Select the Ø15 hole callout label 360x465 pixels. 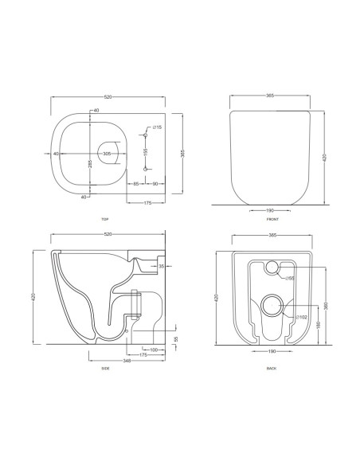point(157,127)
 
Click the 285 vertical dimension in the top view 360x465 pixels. point(90,164)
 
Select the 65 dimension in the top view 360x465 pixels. point(137,184)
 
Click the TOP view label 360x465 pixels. point(105,219)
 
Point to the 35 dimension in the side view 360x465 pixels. point(161,266)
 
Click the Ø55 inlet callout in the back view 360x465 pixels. point(291,278)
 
